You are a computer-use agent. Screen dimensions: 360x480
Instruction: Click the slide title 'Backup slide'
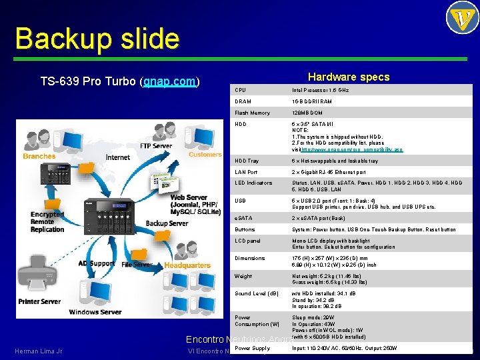pos(97,38)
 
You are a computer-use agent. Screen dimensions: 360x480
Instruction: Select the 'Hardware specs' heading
pos(349,77)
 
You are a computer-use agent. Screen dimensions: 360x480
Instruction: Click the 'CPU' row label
pos(240,90)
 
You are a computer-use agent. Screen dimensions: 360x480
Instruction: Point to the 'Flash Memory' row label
pos(252,113)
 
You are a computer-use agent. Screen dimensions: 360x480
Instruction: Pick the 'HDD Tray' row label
pos(247,161)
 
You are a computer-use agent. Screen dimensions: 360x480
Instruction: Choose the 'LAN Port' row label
pos(247,173)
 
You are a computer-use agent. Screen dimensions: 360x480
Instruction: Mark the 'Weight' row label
pos(243,276)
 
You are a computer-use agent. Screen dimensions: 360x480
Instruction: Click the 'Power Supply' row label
pos(253,348)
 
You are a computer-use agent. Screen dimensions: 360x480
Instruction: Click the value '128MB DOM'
pos(307,113)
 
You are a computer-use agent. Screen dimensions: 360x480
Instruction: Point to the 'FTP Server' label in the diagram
pos(156,146)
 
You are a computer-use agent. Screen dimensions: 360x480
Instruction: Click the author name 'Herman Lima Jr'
pos(38,351)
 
